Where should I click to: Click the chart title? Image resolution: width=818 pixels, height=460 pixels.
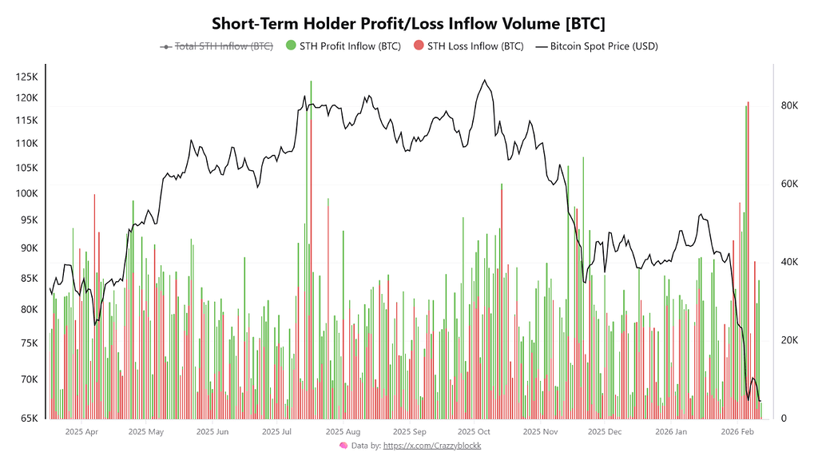pyautogui.click(x=408, y=22)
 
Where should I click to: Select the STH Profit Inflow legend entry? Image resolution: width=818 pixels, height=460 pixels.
pyautogui.click(x=343, y=46)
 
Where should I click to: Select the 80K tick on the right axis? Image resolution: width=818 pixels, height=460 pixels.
pyautogui.click(x=790, y=106)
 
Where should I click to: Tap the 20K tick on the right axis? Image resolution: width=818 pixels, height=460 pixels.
pyautogui.click(x=790, y=341)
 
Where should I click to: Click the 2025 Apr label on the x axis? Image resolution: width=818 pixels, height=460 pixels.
pyautogui.click(x=81, y=432)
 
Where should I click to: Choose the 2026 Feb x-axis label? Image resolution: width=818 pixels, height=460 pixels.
pyautogui.click(x=737, y=432)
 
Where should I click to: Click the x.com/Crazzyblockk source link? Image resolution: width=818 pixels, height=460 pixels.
pyautogui.click(x=432, y=446)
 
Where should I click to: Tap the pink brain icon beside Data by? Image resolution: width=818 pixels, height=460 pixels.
pyautogui.click(x=343, y=446)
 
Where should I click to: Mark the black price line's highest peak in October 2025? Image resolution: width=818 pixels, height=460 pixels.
pyautogui.click(x=484, y=80)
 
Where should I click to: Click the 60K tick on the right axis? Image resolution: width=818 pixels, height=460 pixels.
pyautogui.click(x=790, y=184)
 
